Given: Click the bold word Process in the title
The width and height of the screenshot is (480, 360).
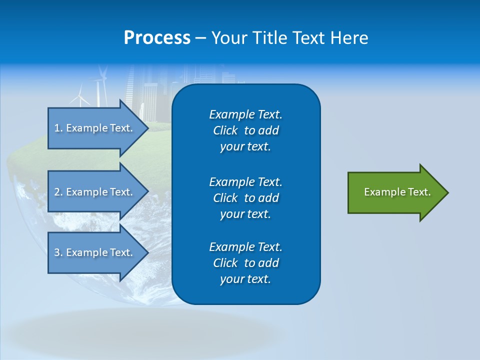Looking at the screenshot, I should [157, 38].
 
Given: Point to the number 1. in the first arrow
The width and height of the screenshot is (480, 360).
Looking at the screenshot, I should [58, 128].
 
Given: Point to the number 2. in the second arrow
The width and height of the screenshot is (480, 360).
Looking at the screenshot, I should [58, 192].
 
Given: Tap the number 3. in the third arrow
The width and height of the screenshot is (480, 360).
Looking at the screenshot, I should [58, 252].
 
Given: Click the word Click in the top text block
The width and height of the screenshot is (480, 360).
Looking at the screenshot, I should [225, 130].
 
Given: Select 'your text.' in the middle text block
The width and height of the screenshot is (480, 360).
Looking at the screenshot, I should [245, 214].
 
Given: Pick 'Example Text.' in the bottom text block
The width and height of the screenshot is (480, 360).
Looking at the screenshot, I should [245, 247].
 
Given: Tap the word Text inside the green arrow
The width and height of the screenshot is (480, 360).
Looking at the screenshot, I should [419, 192].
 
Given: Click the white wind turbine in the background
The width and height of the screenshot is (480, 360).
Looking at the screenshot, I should [80, 97].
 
